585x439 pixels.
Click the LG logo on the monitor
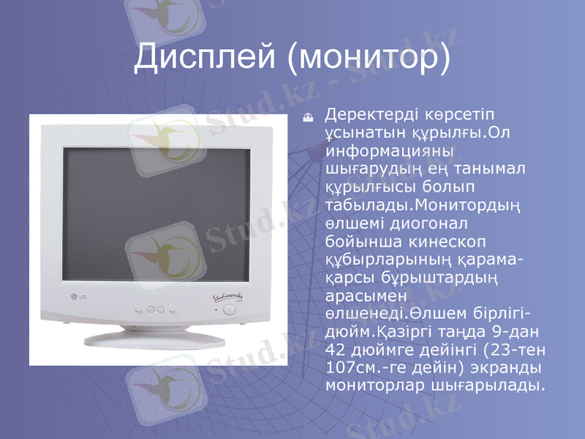click(78, 296)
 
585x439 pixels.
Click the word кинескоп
click(453, 240)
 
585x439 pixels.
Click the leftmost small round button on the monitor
click(139, 309)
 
